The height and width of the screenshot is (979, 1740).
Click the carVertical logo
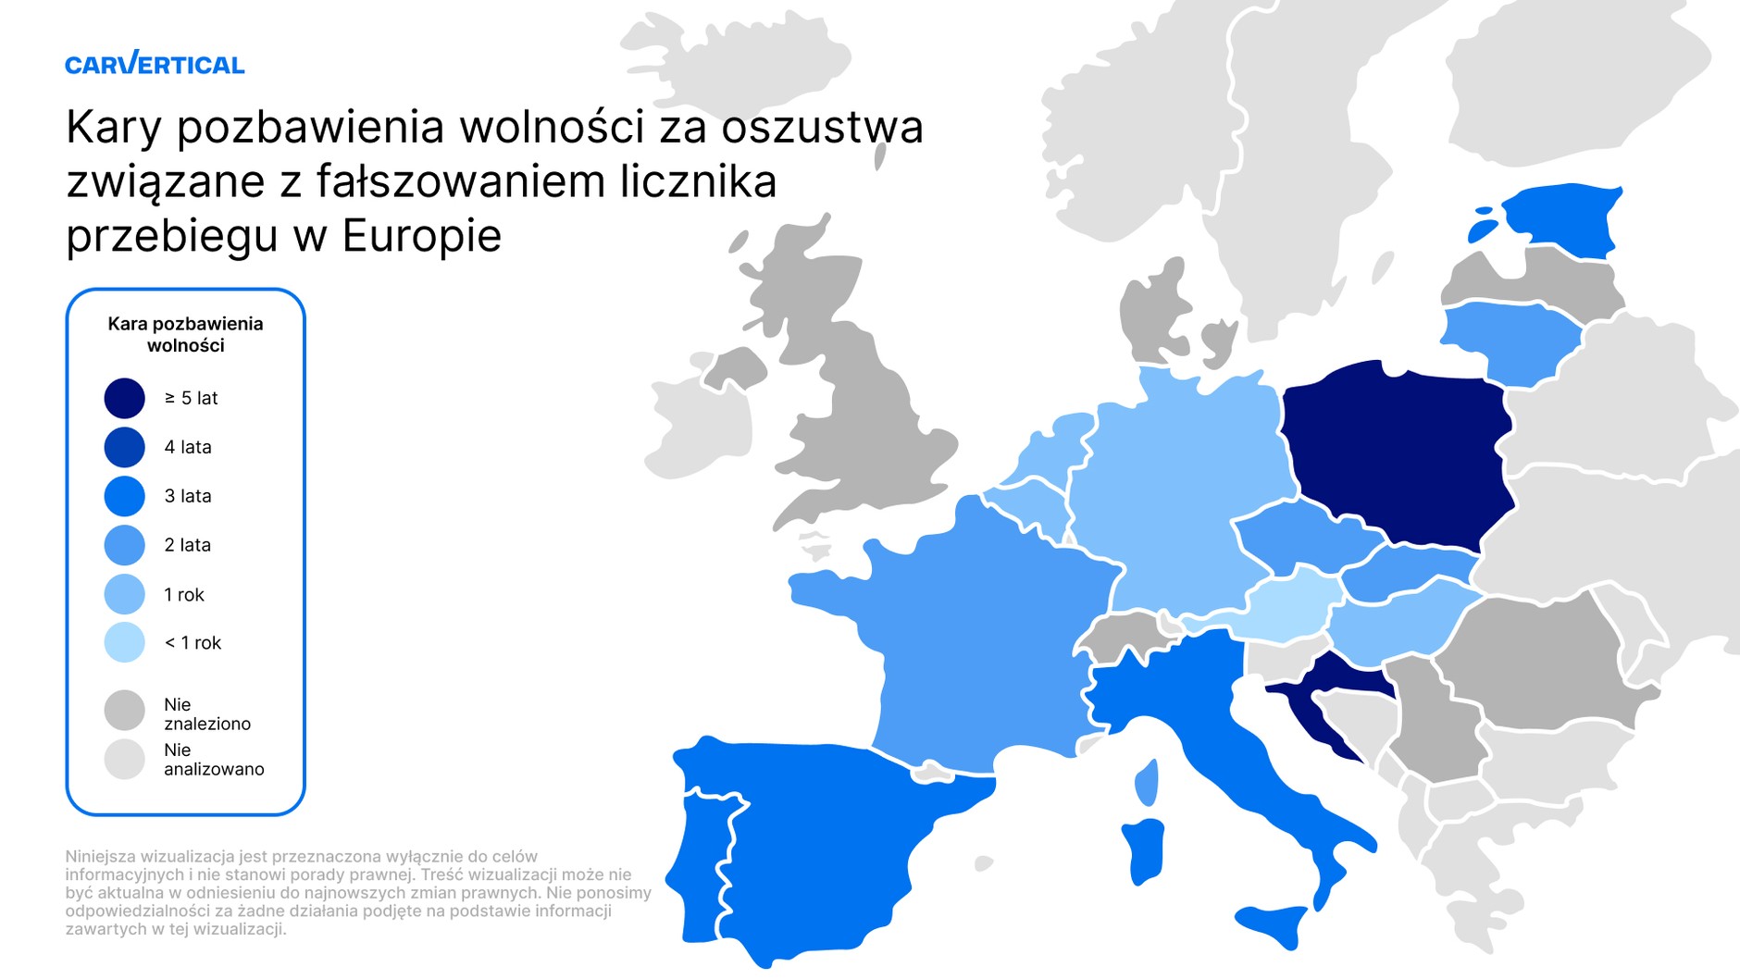155,64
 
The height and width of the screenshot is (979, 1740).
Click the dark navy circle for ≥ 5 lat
125,398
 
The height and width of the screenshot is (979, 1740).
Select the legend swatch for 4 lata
125,447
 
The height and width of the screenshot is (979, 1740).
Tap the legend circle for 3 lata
125,496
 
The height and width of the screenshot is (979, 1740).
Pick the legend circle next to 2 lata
125,545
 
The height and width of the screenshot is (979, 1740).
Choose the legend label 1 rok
183,594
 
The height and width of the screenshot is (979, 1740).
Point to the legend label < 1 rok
193,643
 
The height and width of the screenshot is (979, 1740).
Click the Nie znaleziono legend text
206,713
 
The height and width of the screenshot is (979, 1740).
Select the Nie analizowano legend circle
125,759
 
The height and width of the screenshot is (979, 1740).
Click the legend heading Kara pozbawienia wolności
185,334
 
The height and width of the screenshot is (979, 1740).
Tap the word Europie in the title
422,235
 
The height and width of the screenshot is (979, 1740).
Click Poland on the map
1398,453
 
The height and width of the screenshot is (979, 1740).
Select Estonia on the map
1564,217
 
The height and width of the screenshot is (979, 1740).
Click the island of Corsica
1147,782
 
